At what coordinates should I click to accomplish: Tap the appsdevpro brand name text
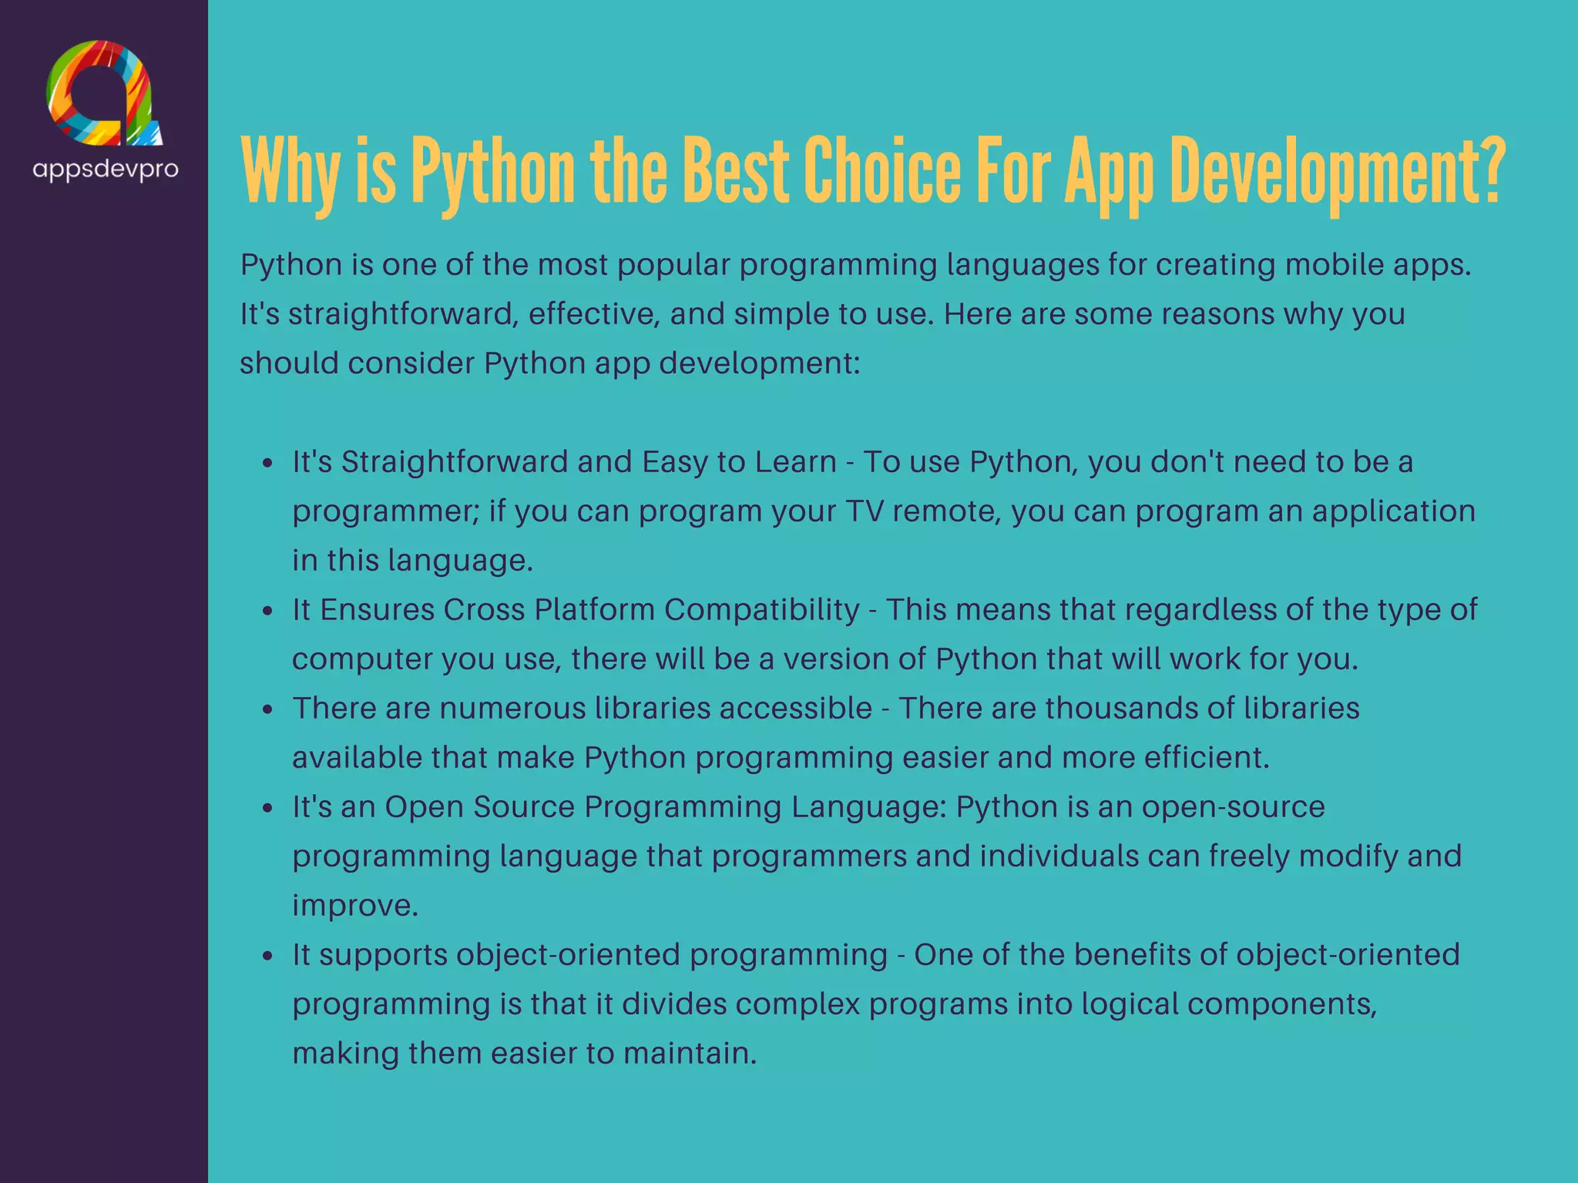[106, 169]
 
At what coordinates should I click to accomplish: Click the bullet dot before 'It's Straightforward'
[267, 463]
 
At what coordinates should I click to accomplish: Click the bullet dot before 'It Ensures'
[267, 611]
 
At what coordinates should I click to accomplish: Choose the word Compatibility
[761, 610]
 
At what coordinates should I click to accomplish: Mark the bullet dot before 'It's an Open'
[267, 808]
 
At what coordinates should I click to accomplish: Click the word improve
[354, 906]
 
